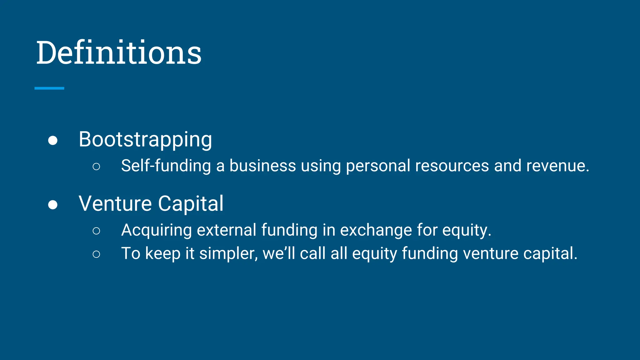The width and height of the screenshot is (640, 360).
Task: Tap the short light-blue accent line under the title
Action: tap(49, 88)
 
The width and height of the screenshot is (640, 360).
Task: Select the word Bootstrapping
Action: tap(145, 139)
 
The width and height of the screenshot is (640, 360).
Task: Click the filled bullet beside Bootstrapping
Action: tap(53, 140)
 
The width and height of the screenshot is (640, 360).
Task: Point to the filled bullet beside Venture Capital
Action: tap(53, 205)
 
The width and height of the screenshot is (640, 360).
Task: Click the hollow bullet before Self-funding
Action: tap(96, 167)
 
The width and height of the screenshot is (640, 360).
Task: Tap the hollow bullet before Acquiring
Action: tap(96, 231)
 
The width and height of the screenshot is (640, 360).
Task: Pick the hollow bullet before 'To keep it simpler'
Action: tap(96, 254)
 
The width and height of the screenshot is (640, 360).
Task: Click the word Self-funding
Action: tap(166, 166)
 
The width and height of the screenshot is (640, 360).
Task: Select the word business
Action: tap(262, 166)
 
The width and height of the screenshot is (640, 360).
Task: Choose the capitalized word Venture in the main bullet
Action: tap(115, 204)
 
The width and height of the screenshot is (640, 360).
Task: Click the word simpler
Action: tap(228, 253)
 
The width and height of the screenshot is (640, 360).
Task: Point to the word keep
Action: tap(163, 253)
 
